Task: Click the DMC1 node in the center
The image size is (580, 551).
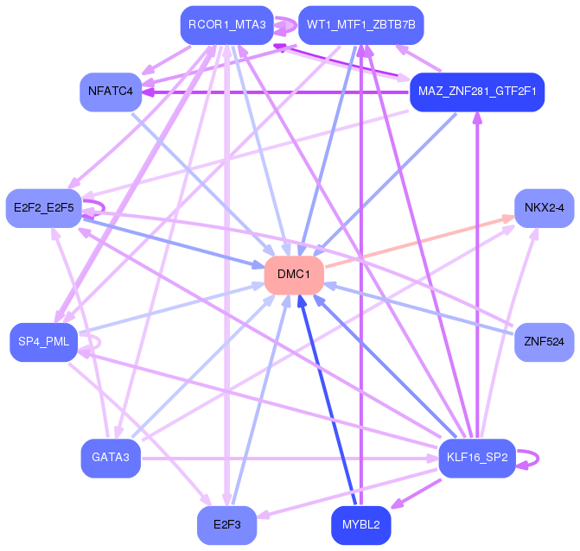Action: click(294, 275)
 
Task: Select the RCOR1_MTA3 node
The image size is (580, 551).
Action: click(226, 25)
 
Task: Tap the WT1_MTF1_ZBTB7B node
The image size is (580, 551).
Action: click(361, 25)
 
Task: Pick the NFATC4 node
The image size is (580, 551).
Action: click(111, 92)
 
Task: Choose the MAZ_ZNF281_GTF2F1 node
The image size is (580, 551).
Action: click(477, 92)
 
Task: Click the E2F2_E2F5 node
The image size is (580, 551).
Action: click(43, 208)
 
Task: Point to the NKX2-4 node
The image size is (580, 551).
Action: click(544, 208)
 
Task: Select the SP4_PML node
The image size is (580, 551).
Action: click(43, 342)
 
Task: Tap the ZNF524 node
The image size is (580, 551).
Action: click(544, 342)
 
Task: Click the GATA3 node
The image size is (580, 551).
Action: click(111, 459)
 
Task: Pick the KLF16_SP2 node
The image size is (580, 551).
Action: click(477, 459)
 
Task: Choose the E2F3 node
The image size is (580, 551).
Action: click(226, 525)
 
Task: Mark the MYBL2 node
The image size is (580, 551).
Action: click(361, 525)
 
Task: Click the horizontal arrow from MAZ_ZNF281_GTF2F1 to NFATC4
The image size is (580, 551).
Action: click(276, 92)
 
